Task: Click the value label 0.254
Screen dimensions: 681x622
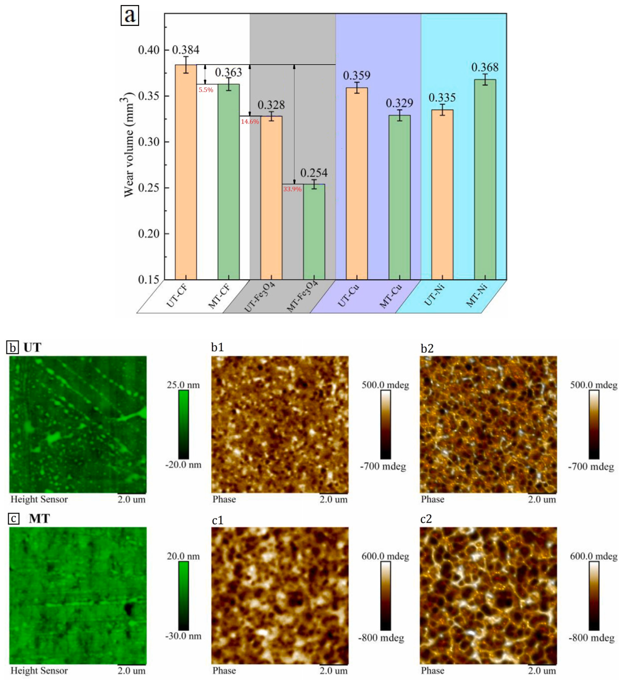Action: (314, 173)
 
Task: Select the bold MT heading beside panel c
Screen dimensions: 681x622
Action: (39, 518)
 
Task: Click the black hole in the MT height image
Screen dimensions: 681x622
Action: (129, 609)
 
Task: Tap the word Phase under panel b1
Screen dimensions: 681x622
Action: (224, 499)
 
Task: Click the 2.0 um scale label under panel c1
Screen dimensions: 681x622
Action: (333, 671)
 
